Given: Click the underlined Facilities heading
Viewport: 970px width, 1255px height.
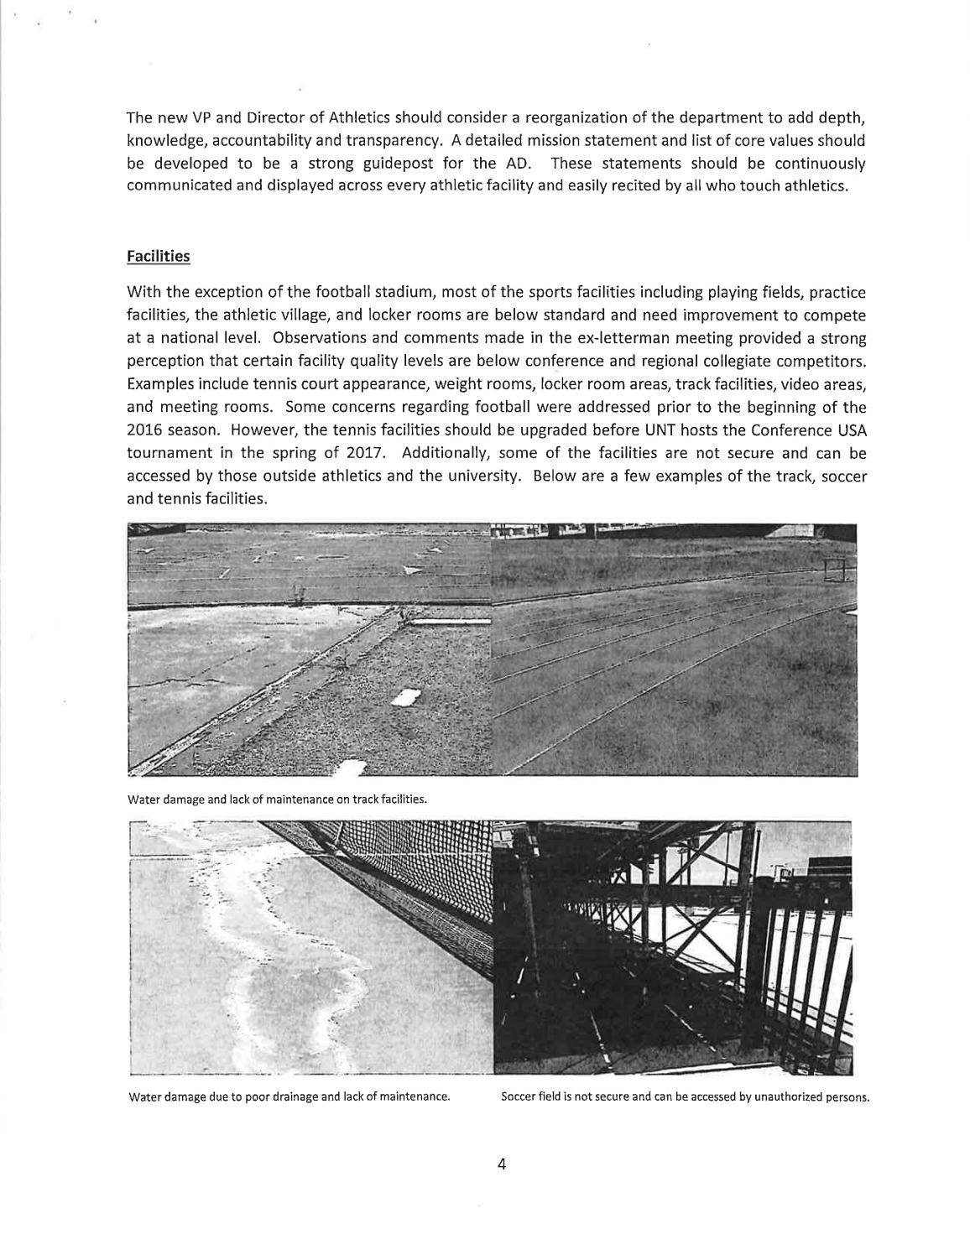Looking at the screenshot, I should [158, 256].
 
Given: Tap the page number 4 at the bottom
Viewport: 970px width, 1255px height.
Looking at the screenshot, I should [501, 1164].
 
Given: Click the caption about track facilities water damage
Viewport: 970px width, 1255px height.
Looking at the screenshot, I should [277, 799].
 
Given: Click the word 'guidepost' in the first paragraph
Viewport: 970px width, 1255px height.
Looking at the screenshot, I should [394, 163].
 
